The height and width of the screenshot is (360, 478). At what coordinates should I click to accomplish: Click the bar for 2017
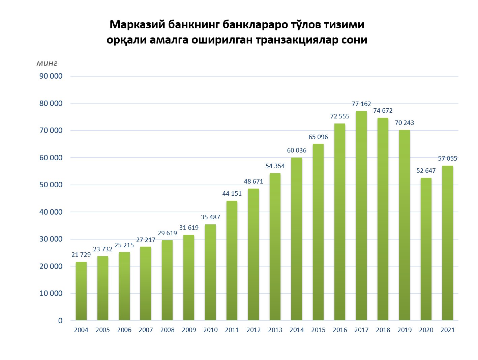point(361,216)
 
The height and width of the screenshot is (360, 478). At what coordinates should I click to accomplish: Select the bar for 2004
point(81,291)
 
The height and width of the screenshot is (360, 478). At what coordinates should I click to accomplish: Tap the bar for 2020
point(426,249)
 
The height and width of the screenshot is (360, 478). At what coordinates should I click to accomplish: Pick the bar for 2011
point(232,260)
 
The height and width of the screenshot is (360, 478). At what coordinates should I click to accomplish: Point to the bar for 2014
point(297,239)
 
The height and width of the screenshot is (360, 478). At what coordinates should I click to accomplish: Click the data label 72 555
point(340,116)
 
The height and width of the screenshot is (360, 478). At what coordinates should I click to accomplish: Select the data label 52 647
point(426,171)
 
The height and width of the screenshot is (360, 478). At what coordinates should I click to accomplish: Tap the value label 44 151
point(232,194)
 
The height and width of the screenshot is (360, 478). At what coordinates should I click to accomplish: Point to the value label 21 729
point(81,255)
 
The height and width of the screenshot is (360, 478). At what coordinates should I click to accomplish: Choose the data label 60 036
point(297,150)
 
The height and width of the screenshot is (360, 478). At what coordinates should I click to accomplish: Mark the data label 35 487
point(210,217)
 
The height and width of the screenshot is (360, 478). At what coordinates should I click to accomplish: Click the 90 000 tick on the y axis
point(51,76)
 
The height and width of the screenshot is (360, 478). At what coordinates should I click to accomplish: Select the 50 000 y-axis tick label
point(51,185)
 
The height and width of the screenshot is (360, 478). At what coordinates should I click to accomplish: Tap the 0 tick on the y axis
point(60,321)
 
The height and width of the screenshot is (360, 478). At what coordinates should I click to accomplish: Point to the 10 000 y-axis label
point(51,294)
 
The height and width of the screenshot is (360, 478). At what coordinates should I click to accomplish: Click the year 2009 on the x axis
point(189,330)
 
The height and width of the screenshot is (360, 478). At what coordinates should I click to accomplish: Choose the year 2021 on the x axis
point(448,330)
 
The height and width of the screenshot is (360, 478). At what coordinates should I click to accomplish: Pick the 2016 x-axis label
point(340,330)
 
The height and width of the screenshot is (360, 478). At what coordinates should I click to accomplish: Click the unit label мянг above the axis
point(47,63)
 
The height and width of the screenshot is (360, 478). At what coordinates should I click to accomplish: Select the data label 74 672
point(383,111)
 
